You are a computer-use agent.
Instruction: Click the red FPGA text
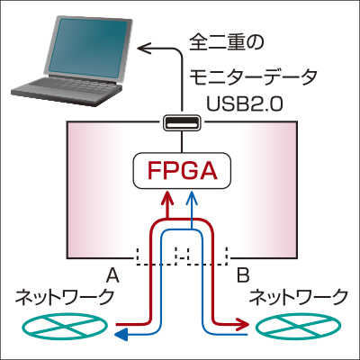183,171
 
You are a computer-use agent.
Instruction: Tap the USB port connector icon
182,122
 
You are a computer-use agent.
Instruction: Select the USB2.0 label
245,104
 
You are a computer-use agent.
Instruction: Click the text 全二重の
227,43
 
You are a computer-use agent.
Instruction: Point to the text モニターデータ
253,76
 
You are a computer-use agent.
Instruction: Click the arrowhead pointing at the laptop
145,48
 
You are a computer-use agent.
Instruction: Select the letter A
112,275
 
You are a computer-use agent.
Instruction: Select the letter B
243,275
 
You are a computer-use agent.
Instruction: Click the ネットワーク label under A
64,297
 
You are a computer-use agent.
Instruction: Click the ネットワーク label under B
299,297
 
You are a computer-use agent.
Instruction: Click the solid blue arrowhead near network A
122,334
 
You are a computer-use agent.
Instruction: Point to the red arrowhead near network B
244,324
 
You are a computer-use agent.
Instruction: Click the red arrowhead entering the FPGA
167,198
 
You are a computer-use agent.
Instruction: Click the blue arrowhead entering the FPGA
192,198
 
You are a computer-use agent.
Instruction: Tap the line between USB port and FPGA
182,141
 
